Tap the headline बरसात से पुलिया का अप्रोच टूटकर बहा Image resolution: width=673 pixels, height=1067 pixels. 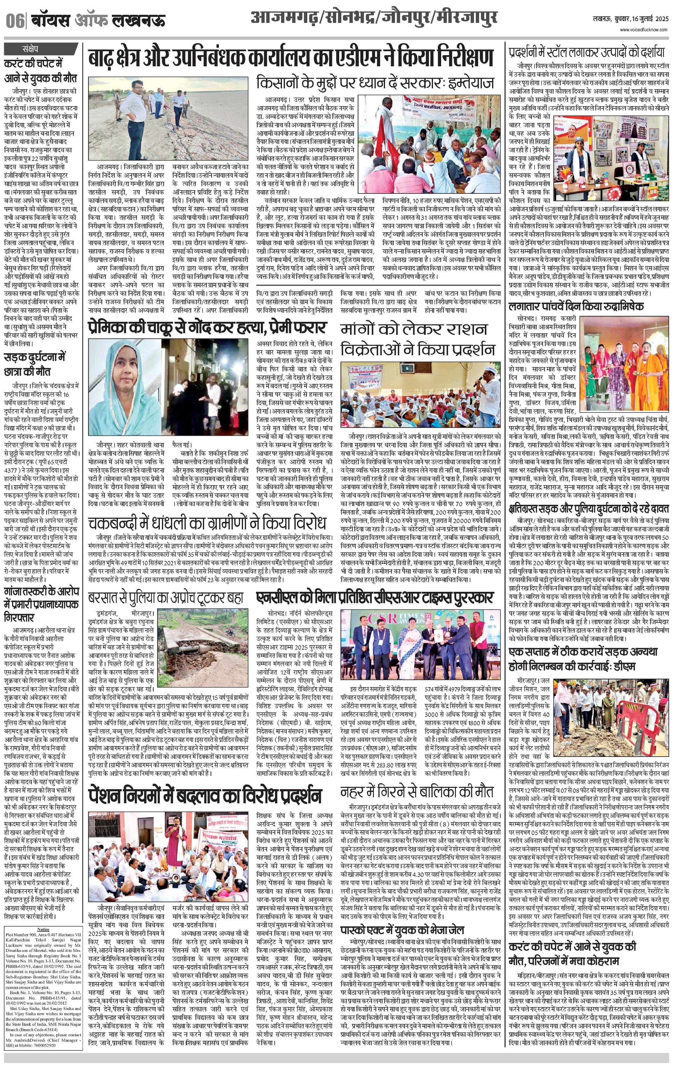pos(165,598)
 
